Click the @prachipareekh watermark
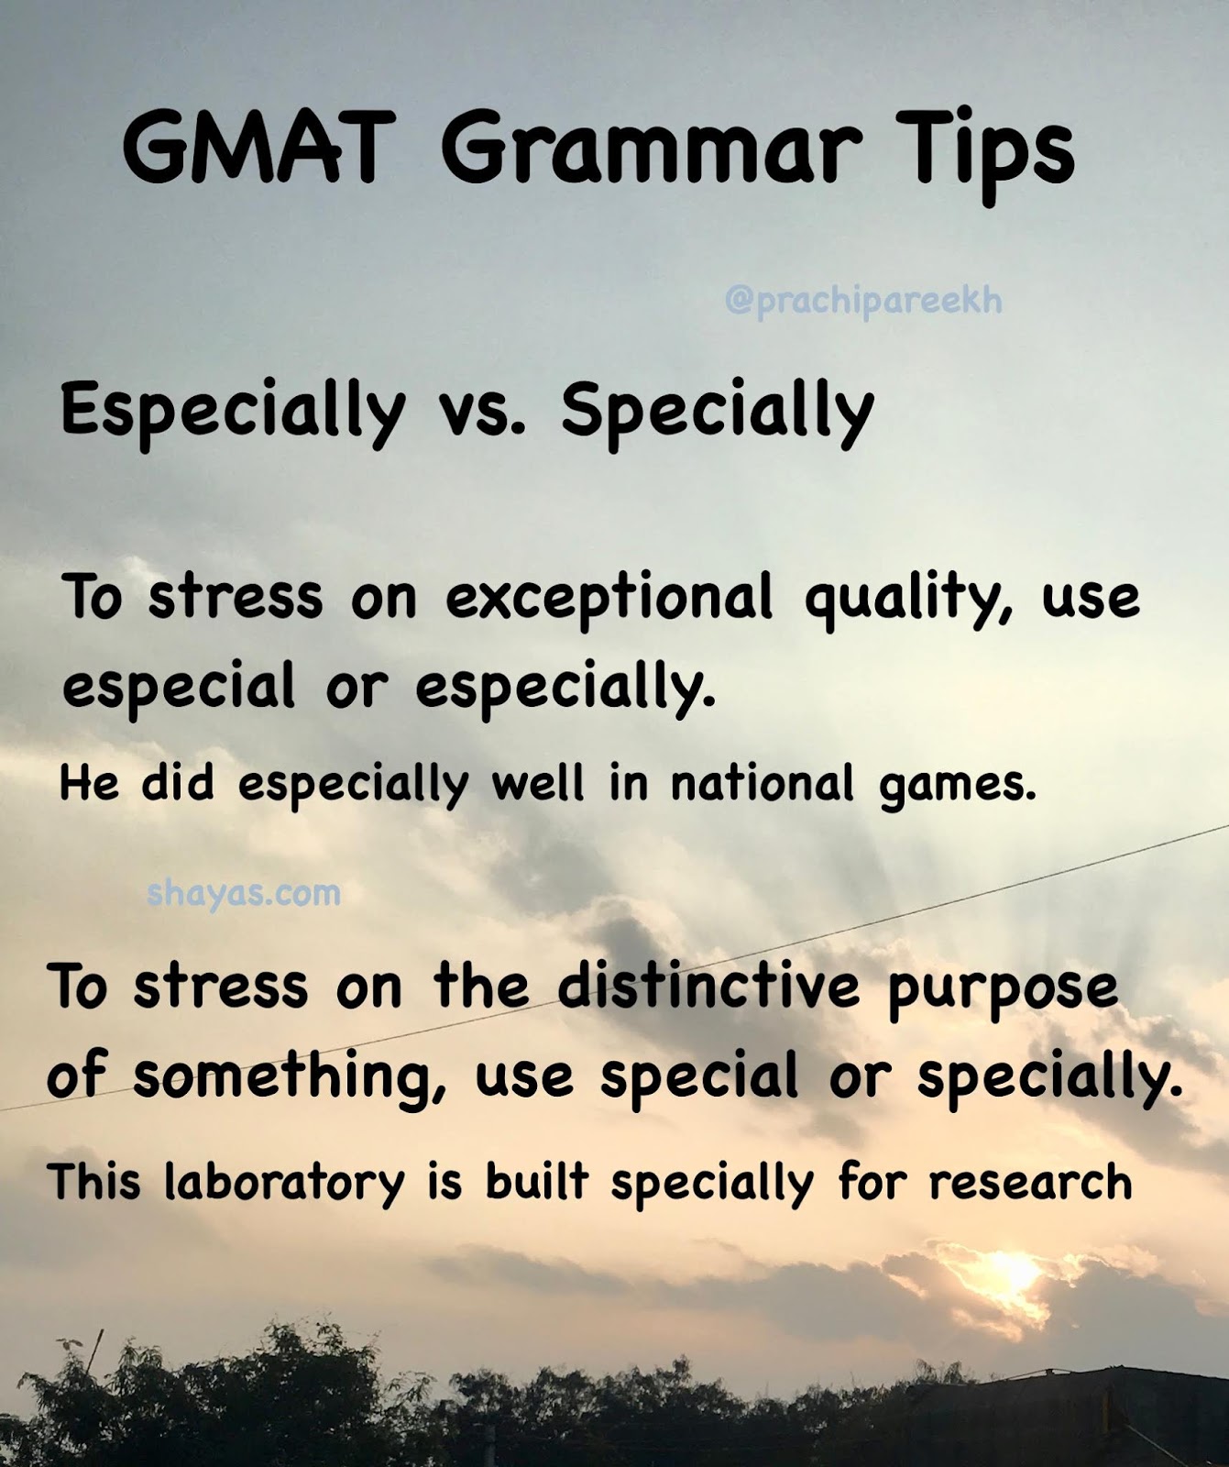863,301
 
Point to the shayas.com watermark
244,892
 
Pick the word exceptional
609,598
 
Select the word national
762,785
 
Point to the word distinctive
709,987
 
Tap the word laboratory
284,1182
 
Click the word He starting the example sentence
89,784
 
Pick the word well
538,784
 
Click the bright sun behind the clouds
1012,1271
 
